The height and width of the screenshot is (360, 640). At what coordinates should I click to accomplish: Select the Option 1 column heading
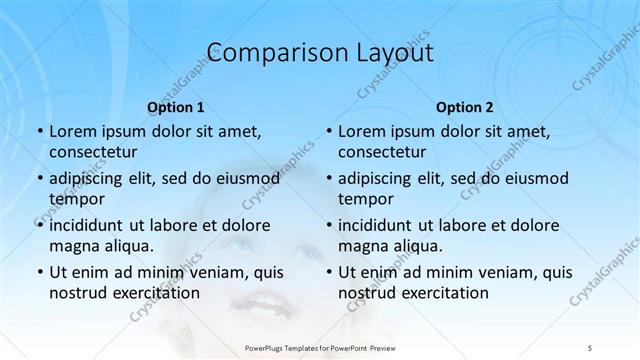pos(176,106)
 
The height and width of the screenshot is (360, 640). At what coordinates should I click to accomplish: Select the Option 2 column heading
pos(465,106)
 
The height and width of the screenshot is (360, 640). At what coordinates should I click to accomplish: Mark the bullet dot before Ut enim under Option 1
pos(39,272)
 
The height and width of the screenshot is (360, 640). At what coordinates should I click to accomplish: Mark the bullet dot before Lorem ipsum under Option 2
pos(328,131)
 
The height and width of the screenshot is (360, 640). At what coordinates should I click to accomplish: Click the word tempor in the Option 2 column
pos(366,198)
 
